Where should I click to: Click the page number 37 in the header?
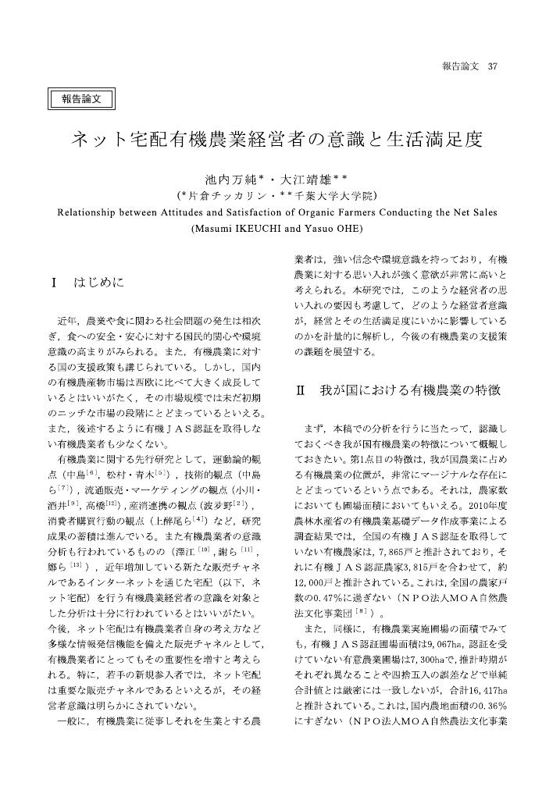(492, 66)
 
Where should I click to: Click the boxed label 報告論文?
(82, 99)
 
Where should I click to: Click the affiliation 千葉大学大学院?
(332, 194)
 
